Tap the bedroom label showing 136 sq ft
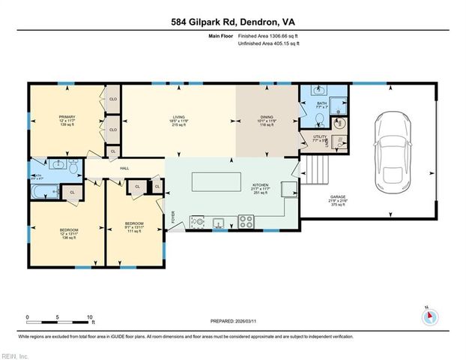68,232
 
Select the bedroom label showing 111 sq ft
133,226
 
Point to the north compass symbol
431,317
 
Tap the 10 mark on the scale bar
90,317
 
